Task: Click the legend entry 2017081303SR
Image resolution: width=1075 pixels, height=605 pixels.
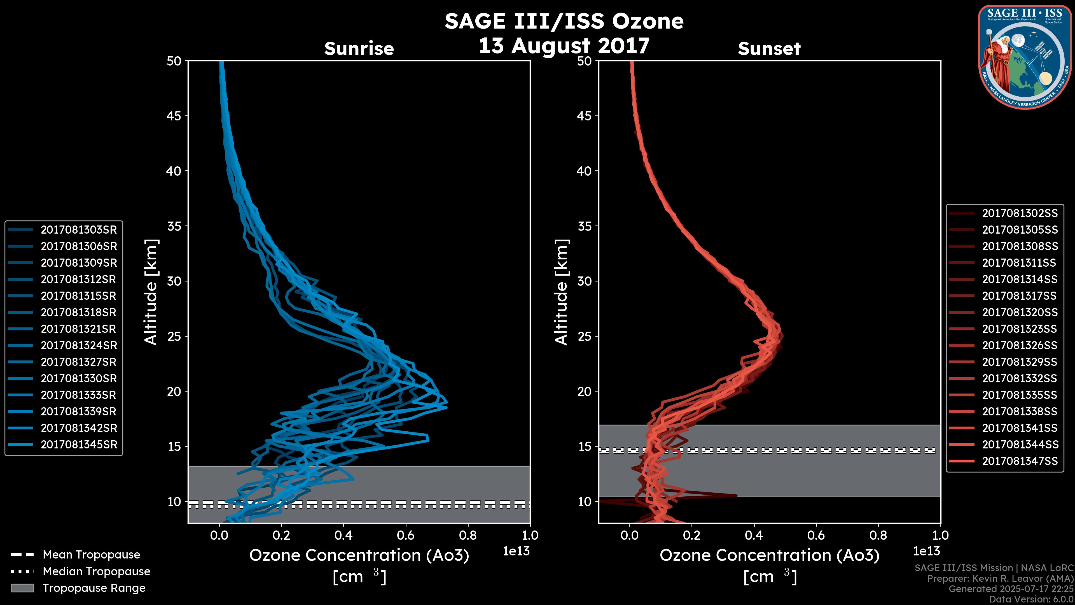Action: pyautogui.click(x=78, y=230)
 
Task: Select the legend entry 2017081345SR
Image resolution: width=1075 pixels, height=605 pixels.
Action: pyautogui.click(x=78, y=445)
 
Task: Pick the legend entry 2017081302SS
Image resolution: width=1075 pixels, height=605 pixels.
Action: pyautogui.click(x=1020, y=213)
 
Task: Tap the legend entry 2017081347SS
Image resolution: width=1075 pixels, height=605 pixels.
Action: pyautogui.click(x=1020, y=461)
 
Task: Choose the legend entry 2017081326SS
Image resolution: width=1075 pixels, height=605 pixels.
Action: pyautogui.click(x=1020, y=345)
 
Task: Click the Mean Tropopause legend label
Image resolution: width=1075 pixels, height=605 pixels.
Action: pyautogui.click(x=91, y=555)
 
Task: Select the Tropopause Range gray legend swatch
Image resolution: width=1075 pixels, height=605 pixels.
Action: pyautogui.click(x=22, y=588)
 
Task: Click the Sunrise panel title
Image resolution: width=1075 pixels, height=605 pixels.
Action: pyautogui.click(x=359, y=49)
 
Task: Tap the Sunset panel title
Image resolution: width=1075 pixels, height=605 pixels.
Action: pyautogui.click(x=769, y=49)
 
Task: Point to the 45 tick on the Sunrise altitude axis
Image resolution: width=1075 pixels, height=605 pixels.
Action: pyautogui.click(x=174, y=116)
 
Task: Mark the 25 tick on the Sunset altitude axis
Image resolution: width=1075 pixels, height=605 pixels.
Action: pyautogui.click(x=584, y=336)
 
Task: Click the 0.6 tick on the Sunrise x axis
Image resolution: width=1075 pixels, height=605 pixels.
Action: pyautogui.click(x=406, y=535)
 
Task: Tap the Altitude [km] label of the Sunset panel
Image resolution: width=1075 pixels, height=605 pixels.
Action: pyautogui.click(x=561, y=292)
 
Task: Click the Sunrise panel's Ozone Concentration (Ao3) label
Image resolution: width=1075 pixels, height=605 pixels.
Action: pyautogui.click(x=359, y=555)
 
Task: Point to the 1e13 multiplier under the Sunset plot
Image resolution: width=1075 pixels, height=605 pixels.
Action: pyautogui.click(x=926, y=551)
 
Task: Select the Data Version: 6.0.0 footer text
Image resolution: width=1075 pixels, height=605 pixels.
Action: pyautogui.click(x=1031, y=600)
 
